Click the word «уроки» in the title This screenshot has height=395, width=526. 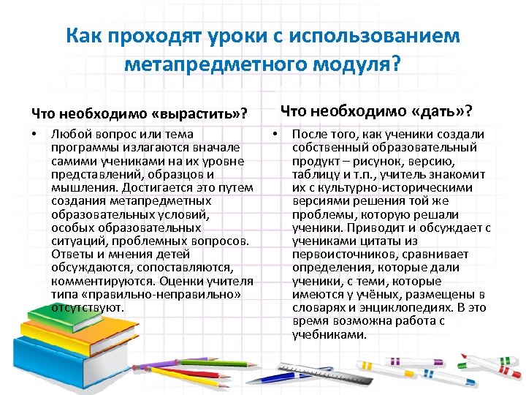click(234, 35)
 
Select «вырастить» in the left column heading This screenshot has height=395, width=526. click(197, 114)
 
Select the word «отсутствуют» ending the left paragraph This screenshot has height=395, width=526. click(88, 308)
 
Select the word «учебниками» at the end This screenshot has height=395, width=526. click(329, 334)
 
